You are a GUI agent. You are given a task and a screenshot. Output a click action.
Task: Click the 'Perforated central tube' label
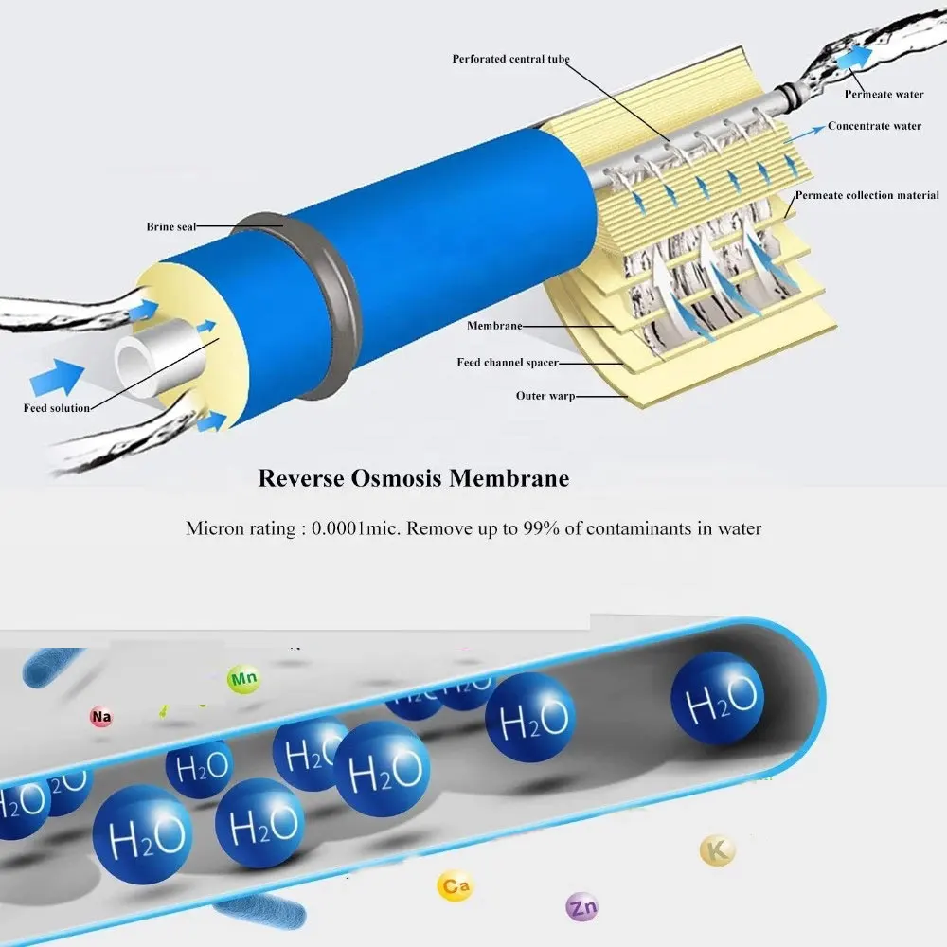pos(512,60)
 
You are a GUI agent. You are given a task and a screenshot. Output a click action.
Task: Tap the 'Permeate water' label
pos(884,94)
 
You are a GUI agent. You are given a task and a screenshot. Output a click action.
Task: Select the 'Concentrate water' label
pos(874,126)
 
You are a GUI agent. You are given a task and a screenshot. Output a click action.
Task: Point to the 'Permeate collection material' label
pos(867,196)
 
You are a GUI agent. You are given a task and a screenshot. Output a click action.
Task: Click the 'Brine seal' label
pos(170,227)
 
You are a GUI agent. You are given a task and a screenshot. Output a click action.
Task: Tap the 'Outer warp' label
pos(545,396)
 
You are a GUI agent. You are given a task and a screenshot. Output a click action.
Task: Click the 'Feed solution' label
pos(57,408)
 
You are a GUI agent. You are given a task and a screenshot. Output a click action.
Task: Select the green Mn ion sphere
pos(242,679)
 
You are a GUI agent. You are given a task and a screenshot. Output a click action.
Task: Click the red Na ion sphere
pos(101,718)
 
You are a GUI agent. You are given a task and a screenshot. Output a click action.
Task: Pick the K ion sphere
pos(717,850)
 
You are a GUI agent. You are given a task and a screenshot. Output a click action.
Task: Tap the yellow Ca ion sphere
pos(455,886)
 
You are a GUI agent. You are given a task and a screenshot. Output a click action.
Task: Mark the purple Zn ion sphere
pos(581,908)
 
